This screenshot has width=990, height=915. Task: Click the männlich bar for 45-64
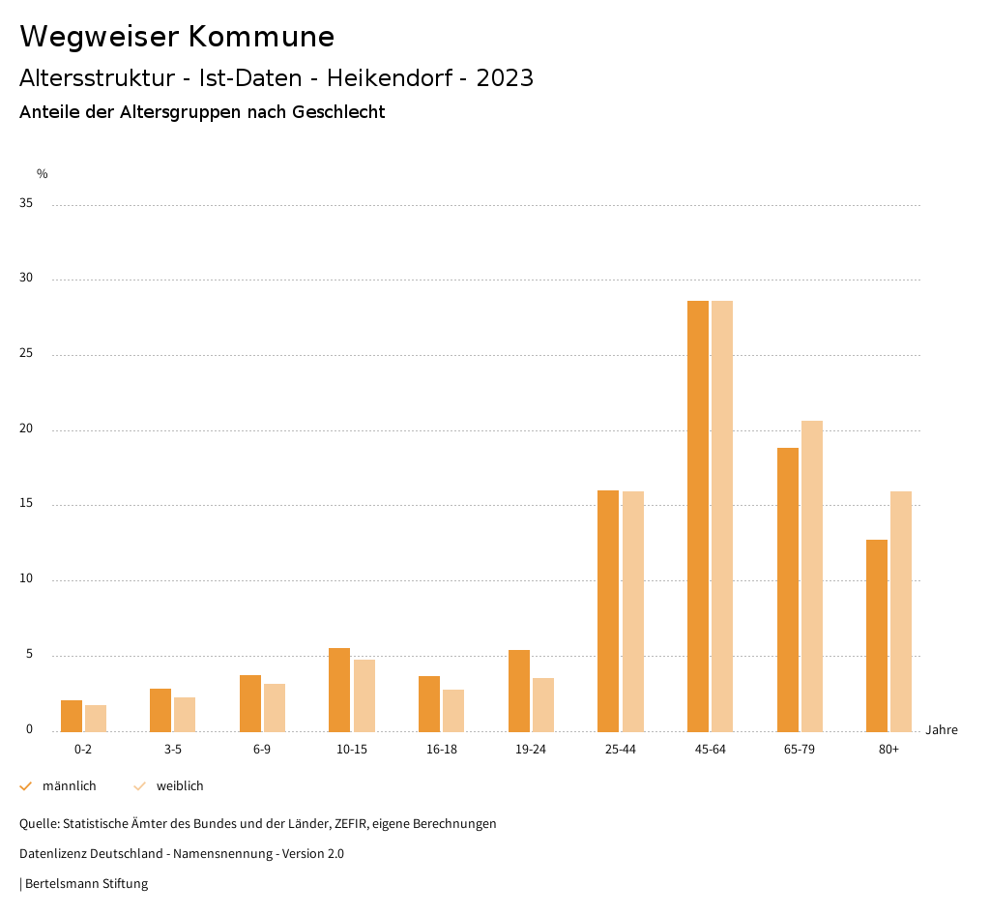tap(698, 516)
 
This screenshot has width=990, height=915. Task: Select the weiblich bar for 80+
tap(901, 611)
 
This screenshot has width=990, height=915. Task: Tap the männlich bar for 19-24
tap(519, 691)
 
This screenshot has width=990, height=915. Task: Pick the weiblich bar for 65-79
tap(812, 576)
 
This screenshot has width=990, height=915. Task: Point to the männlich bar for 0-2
tap(72, 716)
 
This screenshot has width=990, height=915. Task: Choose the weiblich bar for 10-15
tap(364, 695)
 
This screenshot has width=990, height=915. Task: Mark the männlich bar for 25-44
tap(608, 610)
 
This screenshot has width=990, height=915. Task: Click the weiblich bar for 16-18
tap(453, 710)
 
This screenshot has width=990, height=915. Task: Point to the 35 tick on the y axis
tap(26, 204)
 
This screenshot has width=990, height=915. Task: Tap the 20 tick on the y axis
tap(26, 429)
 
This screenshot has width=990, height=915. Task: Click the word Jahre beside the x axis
tap(942, 730)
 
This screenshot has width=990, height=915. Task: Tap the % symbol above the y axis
tap(43, 174)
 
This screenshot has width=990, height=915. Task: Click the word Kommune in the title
tap(261, 37)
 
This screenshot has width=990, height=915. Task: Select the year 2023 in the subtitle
tap(505, 78)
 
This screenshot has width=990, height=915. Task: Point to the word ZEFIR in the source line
tap(348, 824)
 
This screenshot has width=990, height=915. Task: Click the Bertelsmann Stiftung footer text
tap(86, 884)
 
